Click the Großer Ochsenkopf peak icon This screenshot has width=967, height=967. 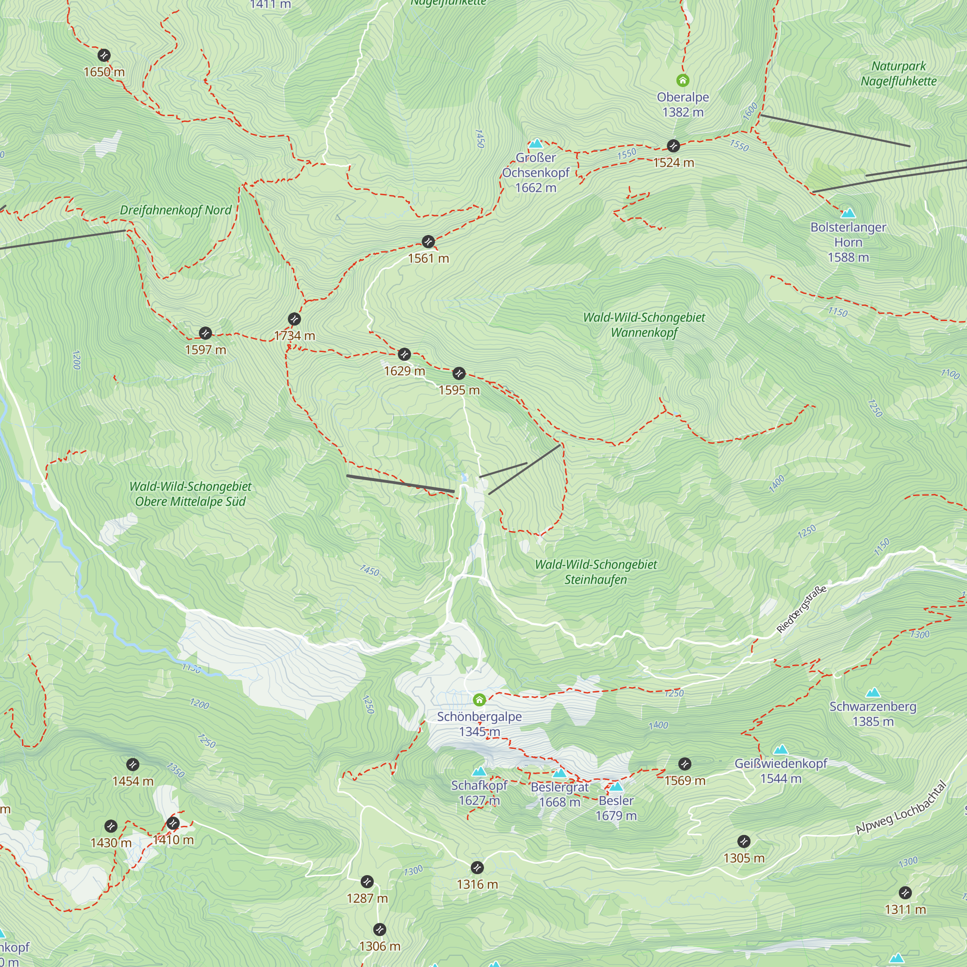coord(536,144)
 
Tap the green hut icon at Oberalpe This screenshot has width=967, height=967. coord(683,80)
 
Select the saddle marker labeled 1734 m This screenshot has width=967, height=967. coord(294,319)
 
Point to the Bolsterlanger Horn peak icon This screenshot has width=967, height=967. coord(848,213)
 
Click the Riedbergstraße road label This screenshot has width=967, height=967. coord(801,609)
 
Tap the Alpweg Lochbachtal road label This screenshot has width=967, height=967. coord(901,807)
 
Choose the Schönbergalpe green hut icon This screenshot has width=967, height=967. coord(480,699)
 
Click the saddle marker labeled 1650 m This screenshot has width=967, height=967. coord(103,55)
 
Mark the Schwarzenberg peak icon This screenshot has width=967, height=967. coord(873,693)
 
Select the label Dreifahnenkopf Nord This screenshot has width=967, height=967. coord(176,210)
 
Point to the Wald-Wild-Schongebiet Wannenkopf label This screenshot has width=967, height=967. coord(644,325)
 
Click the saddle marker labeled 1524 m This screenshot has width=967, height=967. coord(673,146)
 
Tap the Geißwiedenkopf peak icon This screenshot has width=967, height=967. coord(781,750)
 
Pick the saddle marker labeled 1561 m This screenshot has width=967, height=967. coord(428,242)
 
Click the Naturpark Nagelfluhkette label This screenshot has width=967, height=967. coord(898,73)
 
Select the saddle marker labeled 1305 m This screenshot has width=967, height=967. coord(744,841)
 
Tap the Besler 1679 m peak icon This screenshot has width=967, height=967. coord(616,787)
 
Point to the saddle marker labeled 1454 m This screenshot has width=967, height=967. coord(132,764)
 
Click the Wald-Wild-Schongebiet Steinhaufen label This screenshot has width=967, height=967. coord(596,572)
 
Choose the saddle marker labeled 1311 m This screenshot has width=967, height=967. coord(905,893)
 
